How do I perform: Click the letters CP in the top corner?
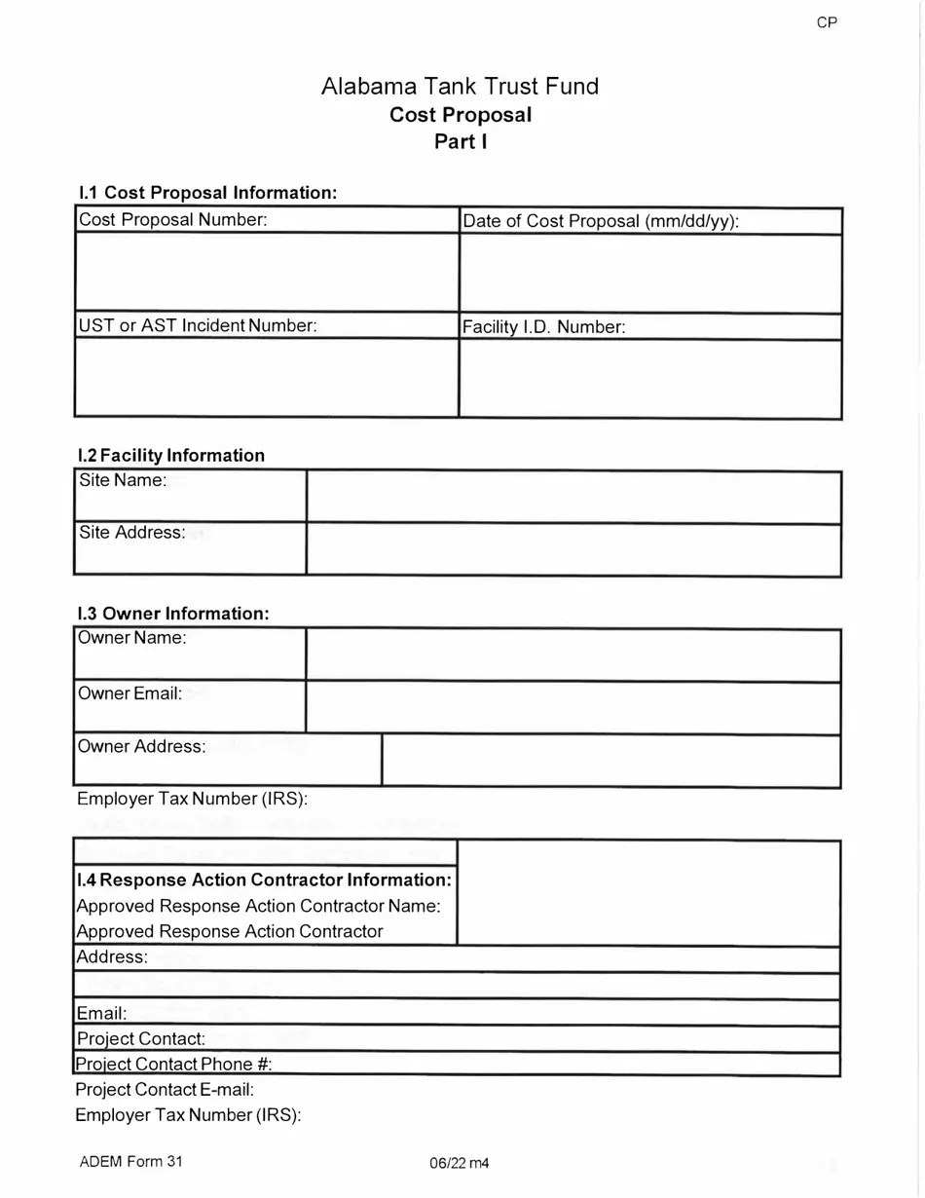827,22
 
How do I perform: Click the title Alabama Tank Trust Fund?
461,87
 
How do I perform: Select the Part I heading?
461,141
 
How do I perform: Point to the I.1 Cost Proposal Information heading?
207,193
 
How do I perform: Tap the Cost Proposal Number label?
173,220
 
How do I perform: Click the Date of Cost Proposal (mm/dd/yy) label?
601,221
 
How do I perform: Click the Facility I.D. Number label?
543,327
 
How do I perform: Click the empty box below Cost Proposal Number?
266,273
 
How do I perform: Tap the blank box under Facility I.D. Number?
649,379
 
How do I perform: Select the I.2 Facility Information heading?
171,455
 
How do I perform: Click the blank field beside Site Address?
573,549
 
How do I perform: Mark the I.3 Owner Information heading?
172,614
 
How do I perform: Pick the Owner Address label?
142,746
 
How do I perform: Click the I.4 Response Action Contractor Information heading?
264,880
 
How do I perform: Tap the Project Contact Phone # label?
179,1064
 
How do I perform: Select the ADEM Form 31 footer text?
130,1161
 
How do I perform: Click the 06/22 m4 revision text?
458,1163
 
